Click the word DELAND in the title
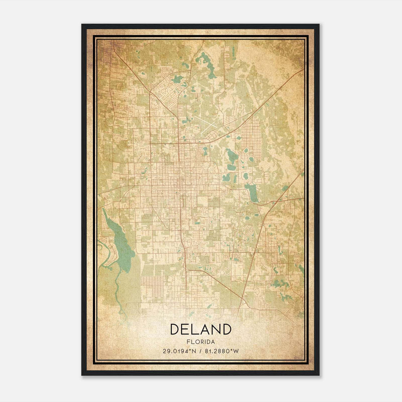[x=201, y=329]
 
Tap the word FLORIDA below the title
[x=201, y=342]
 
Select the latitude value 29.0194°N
[x=179, y=351]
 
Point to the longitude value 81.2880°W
[x=222, y=351]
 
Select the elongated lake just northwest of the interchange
[x=253, y=192]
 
